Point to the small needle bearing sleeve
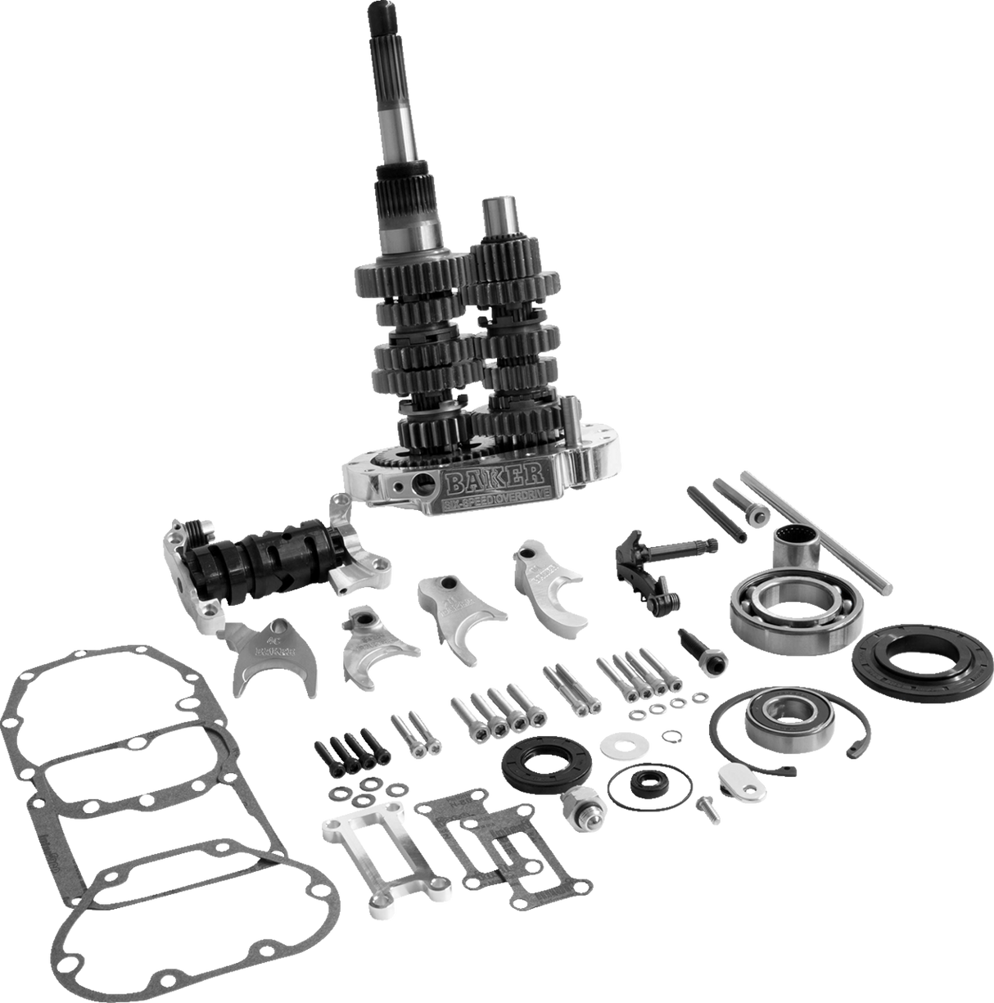pos(795,545)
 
